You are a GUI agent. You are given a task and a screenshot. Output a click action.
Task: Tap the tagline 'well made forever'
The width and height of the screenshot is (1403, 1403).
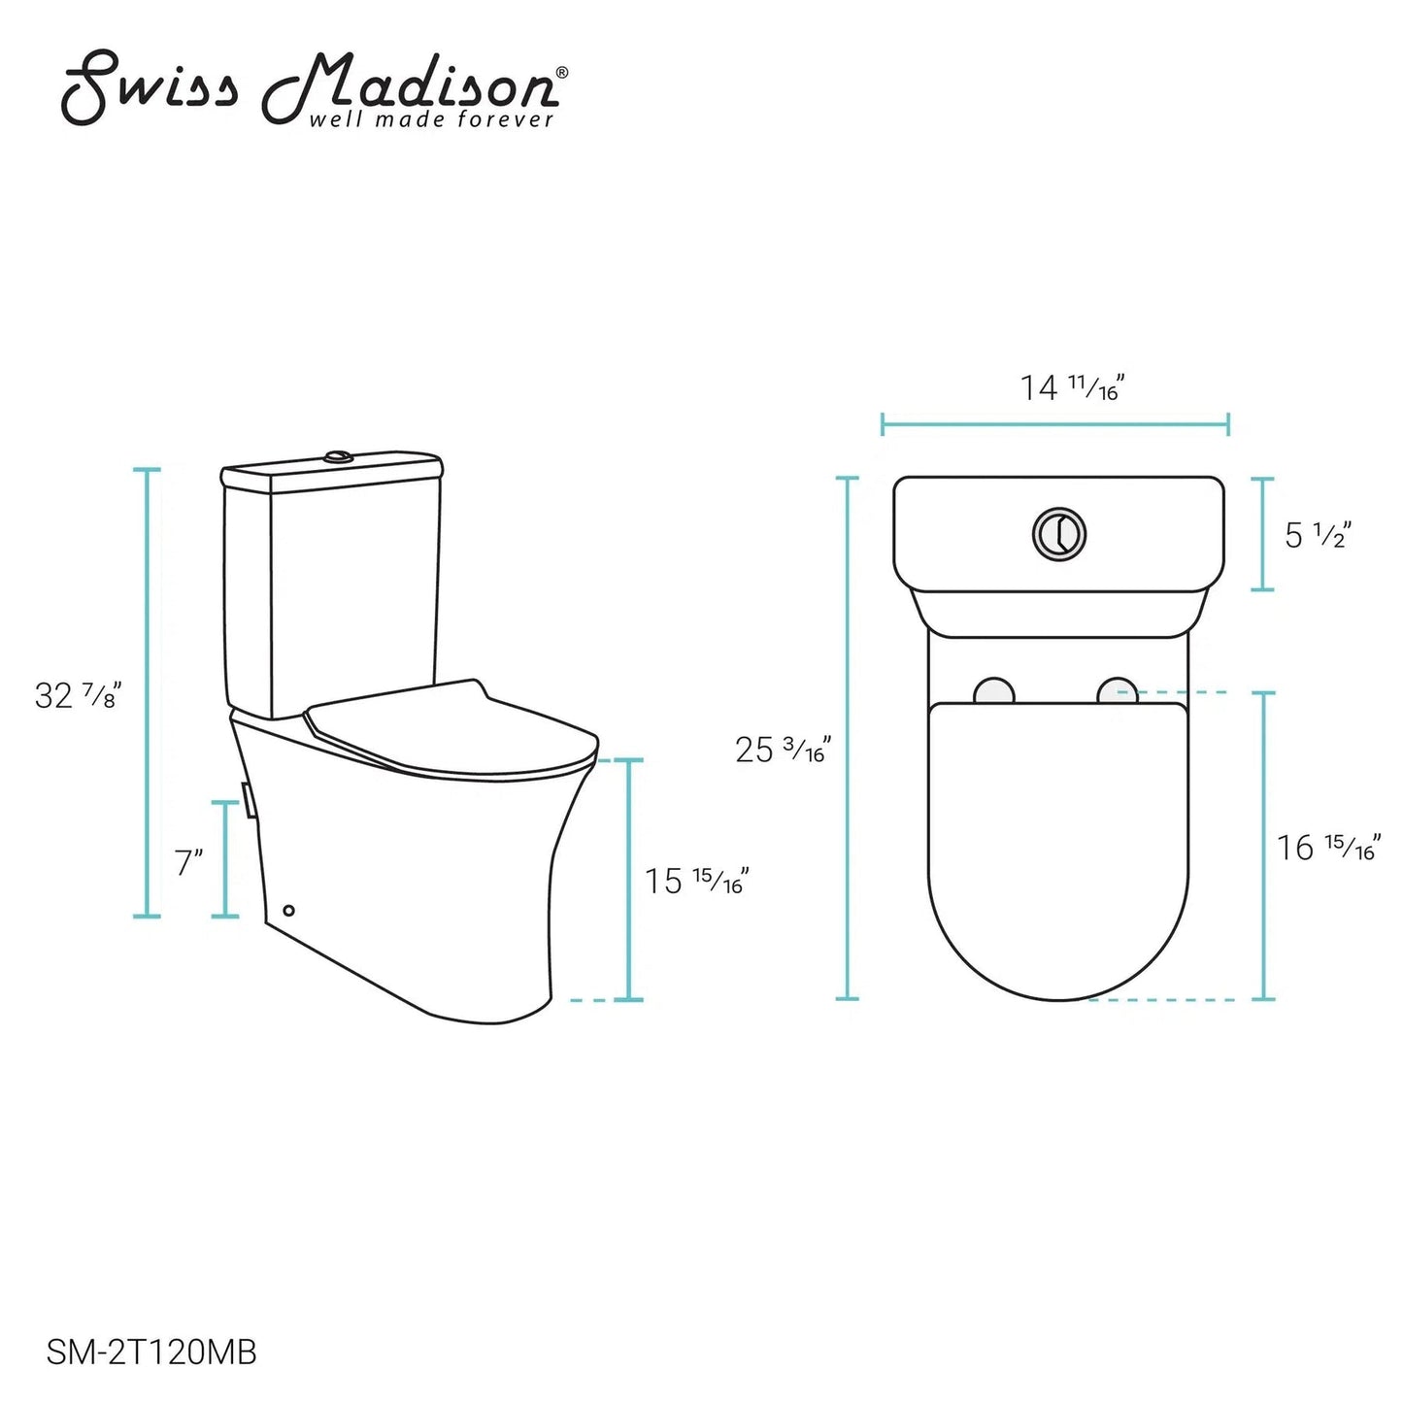coord(432,119)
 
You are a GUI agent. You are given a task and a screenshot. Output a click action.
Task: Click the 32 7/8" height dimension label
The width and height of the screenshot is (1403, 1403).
coord(76,694)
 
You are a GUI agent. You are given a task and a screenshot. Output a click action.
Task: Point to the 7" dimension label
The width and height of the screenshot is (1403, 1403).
coord(187,862)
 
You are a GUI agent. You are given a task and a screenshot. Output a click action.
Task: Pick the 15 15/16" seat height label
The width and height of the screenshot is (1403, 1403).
coord(696,881)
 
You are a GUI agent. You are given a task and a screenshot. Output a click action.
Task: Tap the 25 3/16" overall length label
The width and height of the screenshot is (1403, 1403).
coord(783,750)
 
